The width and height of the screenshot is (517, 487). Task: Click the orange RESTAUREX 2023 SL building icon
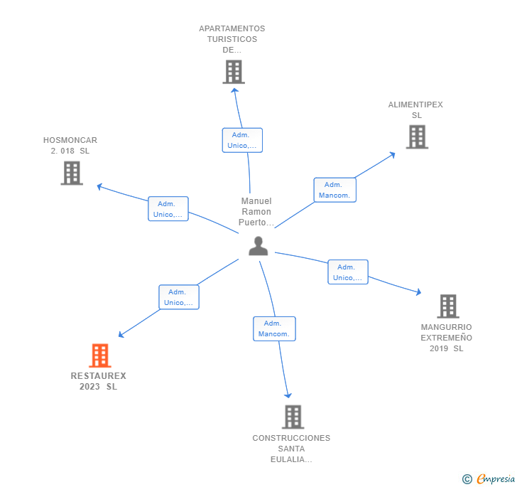coord(100,355)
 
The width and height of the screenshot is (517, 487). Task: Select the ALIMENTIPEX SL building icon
coord(417,137)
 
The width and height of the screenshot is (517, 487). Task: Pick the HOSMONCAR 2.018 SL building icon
coord(72,173)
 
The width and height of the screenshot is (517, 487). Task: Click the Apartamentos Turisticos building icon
coord(233,72)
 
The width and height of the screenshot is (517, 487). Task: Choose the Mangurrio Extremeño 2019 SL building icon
coord(447,306)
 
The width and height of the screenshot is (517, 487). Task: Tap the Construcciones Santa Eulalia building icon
coord(293,417)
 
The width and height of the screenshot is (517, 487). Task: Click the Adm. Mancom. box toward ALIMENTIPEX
coord(334,190)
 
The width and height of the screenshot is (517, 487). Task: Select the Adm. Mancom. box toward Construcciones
coord(274,328)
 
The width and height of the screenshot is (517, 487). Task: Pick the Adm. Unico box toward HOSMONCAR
coord(168,209)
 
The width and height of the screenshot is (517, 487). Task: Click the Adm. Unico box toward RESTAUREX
coord(178,297)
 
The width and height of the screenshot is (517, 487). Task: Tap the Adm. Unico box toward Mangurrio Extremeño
coord(347,272)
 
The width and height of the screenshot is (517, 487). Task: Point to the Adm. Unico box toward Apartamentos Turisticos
coord(242,140)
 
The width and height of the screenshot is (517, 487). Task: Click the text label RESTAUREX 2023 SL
coord(98,381)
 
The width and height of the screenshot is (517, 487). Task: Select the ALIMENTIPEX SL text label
coord(415,109)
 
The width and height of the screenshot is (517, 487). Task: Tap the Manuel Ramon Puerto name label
coord(256,212)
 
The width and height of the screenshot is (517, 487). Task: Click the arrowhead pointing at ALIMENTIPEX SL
coord(393,154)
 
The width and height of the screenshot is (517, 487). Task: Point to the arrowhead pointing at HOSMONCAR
coord(99,186)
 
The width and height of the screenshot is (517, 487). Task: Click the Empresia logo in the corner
coord(489,479)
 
